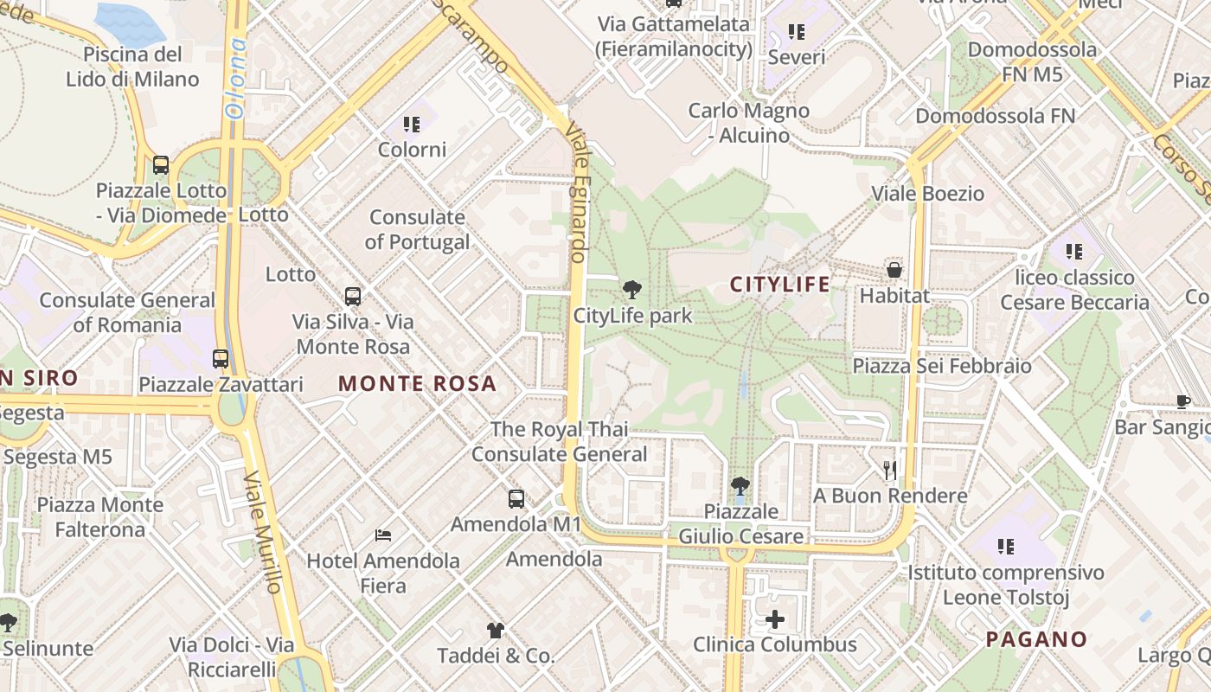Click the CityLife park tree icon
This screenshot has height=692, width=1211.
[x=632, y=290]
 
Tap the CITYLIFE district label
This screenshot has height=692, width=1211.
[x=779, y=285]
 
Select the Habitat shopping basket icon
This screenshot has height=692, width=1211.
[x=894, y=270]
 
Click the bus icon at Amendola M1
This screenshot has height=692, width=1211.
[x=516, y=499]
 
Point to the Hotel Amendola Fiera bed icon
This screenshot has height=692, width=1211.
[x=383, y=535]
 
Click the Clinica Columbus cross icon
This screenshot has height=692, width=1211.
[x=775, y=619]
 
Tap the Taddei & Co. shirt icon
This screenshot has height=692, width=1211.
[x=495, y=631]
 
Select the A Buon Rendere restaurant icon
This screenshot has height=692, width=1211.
[x=890, y=470]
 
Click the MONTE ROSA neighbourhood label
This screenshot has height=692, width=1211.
[x=417, y=383]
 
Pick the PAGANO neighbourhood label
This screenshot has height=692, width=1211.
[x=1036, y=639]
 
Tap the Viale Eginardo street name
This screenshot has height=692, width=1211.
[x=577, y=192]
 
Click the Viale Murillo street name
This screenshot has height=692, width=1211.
[x=263, y=532]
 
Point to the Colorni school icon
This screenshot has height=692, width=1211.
[x=412, y=125]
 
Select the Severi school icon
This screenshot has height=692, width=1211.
[x=797, y=33]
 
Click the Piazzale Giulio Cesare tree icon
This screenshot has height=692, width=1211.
[x=740, y=486]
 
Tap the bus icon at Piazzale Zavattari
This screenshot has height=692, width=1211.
[x=221, y=358]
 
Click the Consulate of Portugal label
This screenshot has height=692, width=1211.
[x=417, y=229]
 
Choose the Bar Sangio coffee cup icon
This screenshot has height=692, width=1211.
[x=1183, y=401]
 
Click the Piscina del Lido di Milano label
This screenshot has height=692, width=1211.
[x=132, y=67]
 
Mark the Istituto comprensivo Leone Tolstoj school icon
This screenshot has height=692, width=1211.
[x=1005, y=547]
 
